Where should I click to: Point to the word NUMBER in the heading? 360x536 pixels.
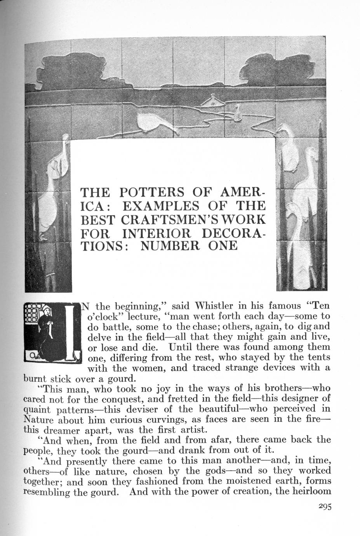168,246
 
